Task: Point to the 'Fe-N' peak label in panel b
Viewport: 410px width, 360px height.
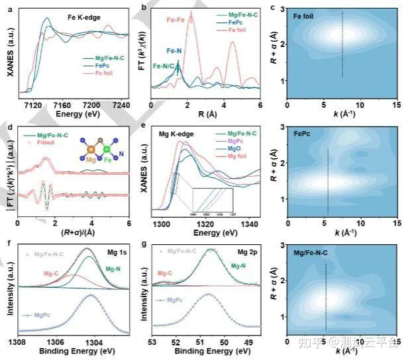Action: (174, 50)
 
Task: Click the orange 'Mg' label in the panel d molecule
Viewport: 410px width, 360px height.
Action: (90, 160)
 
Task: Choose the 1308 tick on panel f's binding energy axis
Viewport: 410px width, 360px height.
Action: (18, 341)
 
